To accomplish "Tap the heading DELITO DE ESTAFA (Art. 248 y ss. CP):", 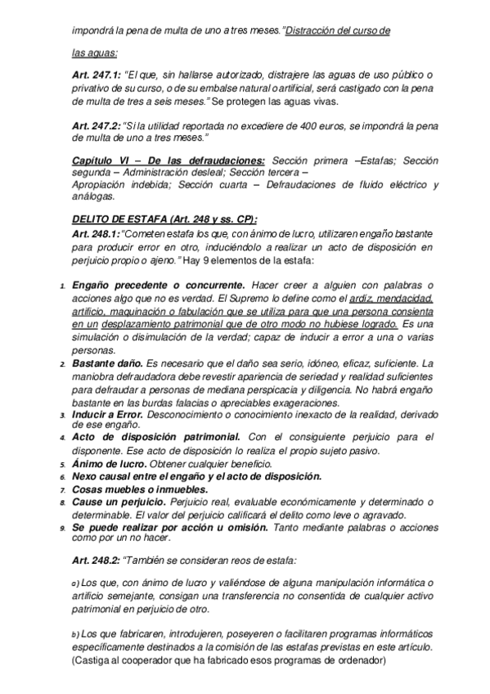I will [164, 219].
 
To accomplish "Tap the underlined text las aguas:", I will [94, 52].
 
